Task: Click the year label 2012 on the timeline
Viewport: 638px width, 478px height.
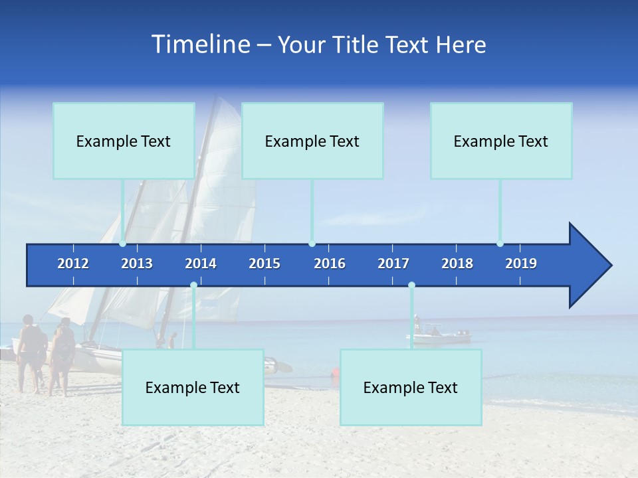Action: pos(73,264)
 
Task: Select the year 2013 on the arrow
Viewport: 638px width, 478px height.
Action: pos(137,264)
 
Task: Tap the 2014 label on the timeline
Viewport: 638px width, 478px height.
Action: pos(201,264)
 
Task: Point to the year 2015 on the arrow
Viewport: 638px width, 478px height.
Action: pos(265,264)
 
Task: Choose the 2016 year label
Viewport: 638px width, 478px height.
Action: pos(330,264)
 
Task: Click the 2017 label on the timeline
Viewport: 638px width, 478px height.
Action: pos(393,264)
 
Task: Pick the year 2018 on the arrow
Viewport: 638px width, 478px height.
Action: pos(457,264)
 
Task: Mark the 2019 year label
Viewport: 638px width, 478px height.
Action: pos(521,264)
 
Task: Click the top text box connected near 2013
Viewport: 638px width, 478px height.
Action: pos(124,141)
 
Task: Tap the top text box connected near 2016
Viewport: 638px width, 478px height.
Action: pos(312,141)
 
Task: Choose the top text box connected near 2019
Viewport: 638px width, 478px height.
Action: pos(501,141)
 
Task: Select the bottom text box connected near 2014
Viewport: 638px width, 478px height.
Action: pos(193,387)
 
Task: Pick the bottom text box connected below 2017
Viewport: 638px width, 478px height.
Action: pos(411,387)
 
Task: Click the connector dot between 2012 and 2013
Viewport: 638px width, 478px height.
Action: pos(122,244)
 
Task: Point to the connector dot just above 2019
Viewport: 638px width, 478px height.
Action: pos(500,244)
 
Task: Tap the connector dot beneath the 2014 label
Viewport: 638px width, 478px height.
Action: pos(193,285)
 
